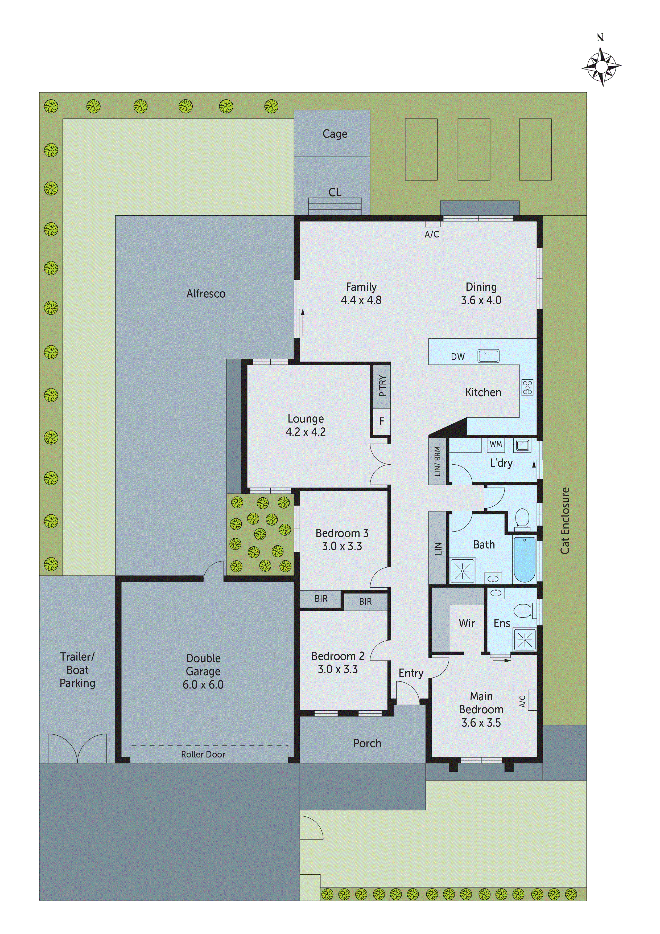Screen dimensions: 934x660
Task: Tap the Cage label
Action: [x=335, y=134]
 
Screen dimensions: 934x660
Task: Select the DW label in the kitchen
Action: [x=457, y=357]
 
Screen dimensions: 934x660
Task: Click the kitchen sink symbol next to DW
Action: [x=488, y=356]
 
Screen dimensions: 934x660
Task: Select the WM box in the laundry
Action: [x=495, y=444]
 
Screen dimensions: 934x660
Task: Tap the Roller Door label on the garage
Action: [x=203, y=754]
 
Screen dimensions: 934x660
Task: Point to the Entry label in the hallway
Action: [x=411, y=673]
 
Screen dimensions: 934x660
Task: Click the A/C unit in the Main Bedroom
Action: [x=532, y=700]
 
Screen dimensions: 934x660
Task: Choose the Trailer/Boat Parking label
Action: [x=77, y=670]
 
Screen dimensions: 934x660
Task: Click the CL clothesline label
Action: [x=335, y=192]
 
